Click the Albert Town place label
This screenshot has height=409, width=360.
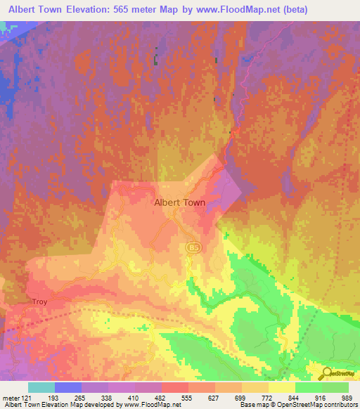180,202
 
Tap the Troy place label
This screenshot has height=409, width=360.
39,301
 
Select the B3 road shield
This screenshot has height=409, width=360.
192,248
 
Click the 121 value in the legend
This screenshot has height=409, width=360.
26,398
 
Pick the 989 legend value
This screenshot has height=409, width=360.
348,398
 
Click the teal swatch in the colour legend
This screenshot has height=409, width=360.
41,387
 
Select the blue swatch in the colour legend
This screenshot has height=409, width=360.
68,387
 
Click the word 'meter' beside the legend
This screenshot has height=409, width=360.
11,398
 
